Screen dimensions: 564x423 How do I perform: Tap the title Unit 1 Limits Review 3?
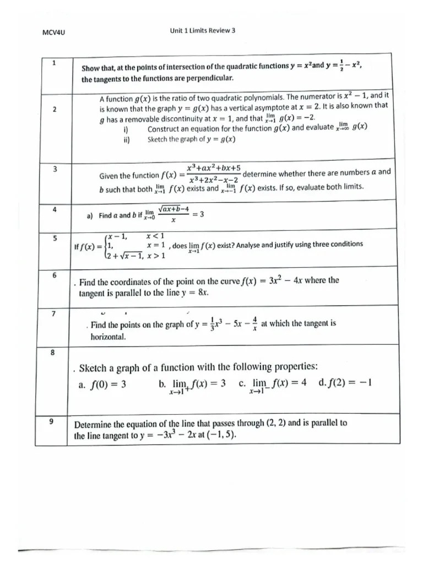[203, 31]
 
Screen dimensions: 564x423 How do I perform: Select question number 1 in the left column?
[54, 63]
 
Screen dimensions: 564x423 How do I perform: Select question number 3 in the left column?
[54, 169]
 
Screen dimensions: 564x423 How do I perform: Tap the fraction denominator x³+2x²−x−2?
[213, 181]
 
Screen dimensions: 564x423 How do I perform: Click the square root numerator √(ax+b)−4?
[173, 209]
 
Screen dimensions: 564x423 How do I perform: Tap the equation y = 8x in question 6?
[197, 293]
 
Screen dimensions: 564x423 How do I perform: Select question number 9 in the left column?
[51, 421]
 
